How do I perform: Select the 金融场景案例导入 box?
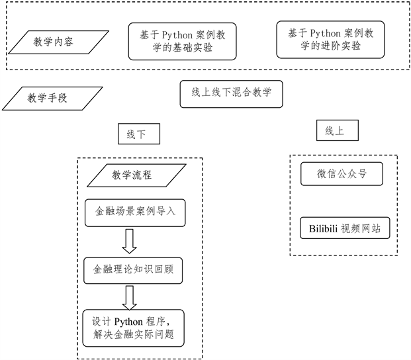(x=136, y=213)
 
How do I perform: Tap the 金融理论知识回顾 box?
(x=135, y=270)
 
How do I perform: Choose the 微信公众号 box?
(x=342, y=175)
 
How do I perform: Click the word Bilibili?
(x=323, y=229)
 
